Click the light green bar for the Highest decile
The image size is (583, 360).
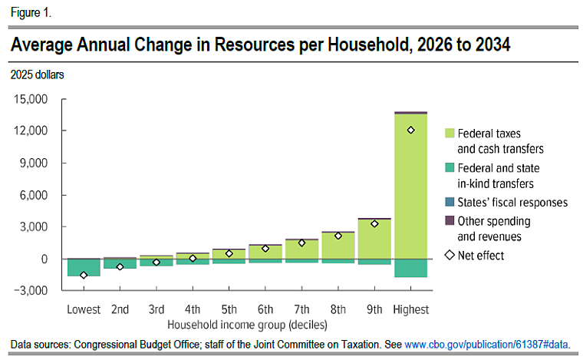tap(410, 192)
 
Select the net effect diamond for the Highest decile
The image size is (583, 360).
tap(411, 130)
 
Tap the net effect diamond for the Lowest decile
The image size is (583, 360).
tap(84, 275)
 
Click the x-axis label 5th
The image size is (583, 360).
tap(229, 309)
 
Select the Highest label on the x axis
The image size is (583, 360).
tap(410, 309)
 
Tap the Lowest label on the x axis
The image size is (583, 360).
tap(84, 309)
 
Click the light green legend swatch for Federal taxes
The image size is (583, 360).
tap(450, 134)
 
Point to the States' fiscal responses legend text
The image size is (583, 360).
tap(512, 203)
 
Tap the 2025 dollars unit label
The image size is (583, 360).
tap(37, 74)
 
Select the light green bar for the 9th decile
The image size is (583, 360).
tap(374, 241)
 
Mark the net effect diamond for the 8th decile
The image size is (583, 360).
tap(338, 236)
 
